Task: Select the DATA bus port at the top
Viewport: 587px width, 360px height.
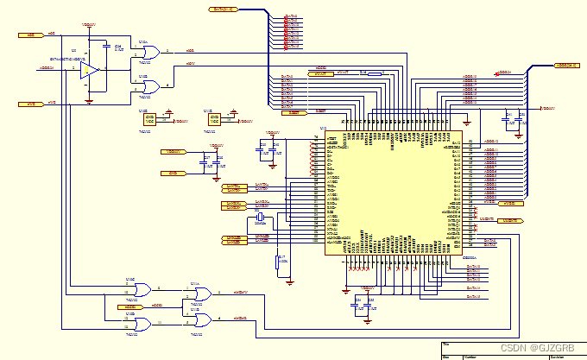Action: (225, 9)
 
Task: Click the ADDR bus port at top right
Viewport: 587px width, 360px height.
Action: (565, 65)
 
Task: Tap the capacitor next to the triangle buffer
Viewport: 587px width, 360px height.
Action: (106, 46)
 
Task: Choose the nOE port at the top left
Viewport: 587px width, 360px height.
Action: (31, 35)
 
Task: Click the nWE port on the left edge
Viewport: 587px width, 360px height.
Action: (31, 104)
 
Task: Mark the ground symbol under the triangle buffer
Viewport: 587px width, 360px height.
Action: (90, 99)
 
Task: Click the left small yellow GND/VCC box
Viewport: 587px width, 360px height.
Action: (149, 119)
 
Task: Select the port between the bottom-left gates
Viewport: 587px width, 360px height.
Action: (127, 306)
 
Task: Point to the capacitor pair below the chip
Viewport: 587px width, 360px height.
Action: (364, 304)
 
